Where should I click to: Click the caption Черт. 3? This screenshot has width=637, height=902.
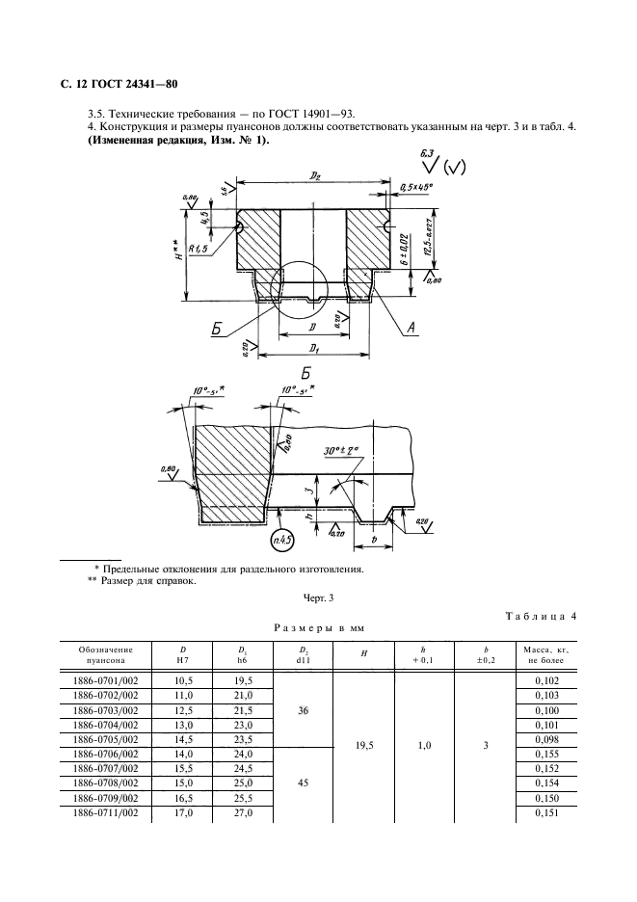point(318,598)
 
